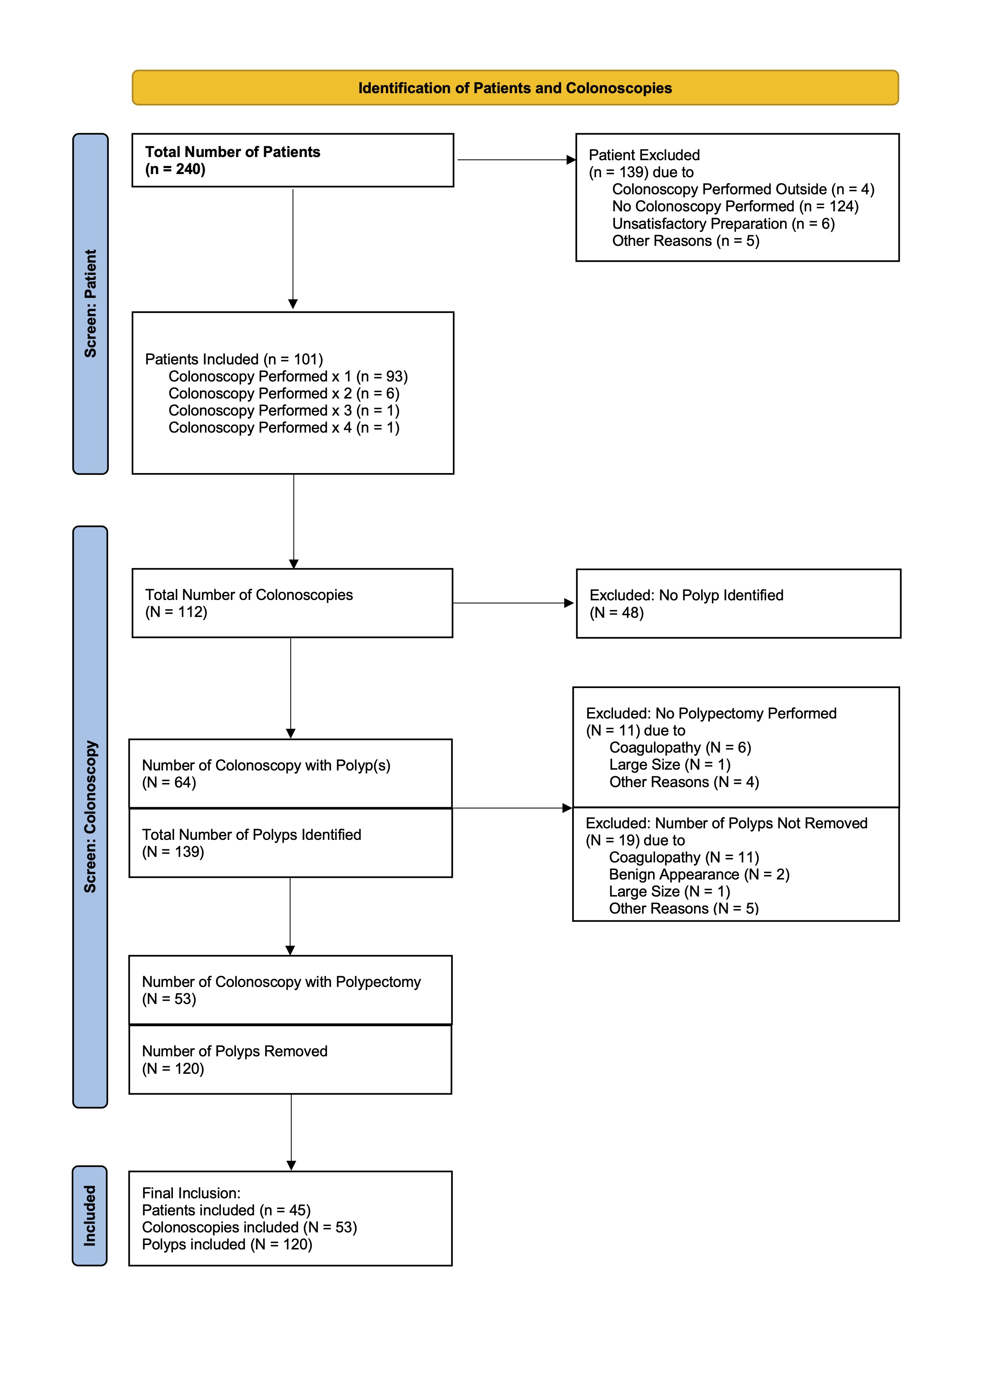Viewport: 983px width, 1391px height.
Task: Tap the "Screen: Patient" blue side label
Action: (x=90, y=303)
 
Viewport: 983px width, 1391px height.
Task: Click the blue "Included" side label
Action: (x=90, y=1215)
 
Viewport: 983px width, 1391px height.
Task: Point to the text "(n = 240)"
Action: (x=175, y=169)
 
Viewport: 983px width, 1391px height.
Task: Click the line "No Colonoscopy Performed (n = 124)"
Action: (x=735, y=207)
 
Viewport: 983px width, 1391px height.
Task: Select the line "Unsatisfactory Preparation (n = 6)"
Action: (x=723, y=224)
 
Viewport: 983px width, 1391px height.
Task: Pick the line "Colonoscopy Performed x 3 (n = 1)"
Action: (x=284, y=411)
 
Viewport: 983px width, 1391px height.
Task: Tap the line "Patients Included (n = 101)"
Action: (x=234, y=359)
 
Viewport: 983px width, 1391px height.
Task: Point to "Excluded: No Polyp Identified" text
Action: (x=686, y=596)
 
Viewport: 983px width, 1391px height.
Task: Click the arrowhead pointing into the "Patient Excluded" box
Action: (x=571, y=160)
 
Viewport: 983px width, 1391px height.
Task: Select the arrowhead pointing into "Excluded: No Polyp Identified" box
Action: (x=569, y=603)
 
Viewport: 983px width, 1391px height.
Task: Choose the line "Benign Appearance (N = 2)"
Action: (x=699, y=874)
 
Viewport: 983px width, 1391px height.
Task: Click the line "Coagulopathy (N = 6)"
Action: (x=680, y=747)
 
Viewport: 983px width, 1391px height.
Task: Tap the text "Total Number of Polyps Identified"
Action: (x=251, y=835)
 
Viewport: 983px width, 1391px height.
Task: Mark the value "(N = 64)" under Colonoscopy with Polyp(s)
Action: (x=169, y=783)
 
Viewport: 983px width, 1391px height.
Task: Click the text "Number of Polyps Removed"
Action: (x=234, y=1051)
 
